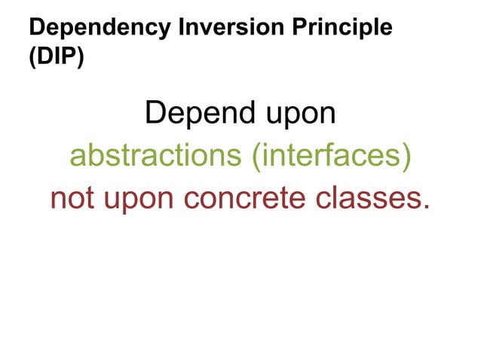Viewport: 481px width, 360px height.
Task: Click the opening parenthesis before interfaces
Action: pyautogui.click(x=257, y=157)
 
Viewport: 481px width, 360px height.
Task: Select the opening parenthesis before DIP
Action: pyautogui.click(x=32, y=59)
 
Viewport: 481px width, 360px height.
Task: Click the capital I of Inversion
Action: pyautogui.click(x=183, y=28)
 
